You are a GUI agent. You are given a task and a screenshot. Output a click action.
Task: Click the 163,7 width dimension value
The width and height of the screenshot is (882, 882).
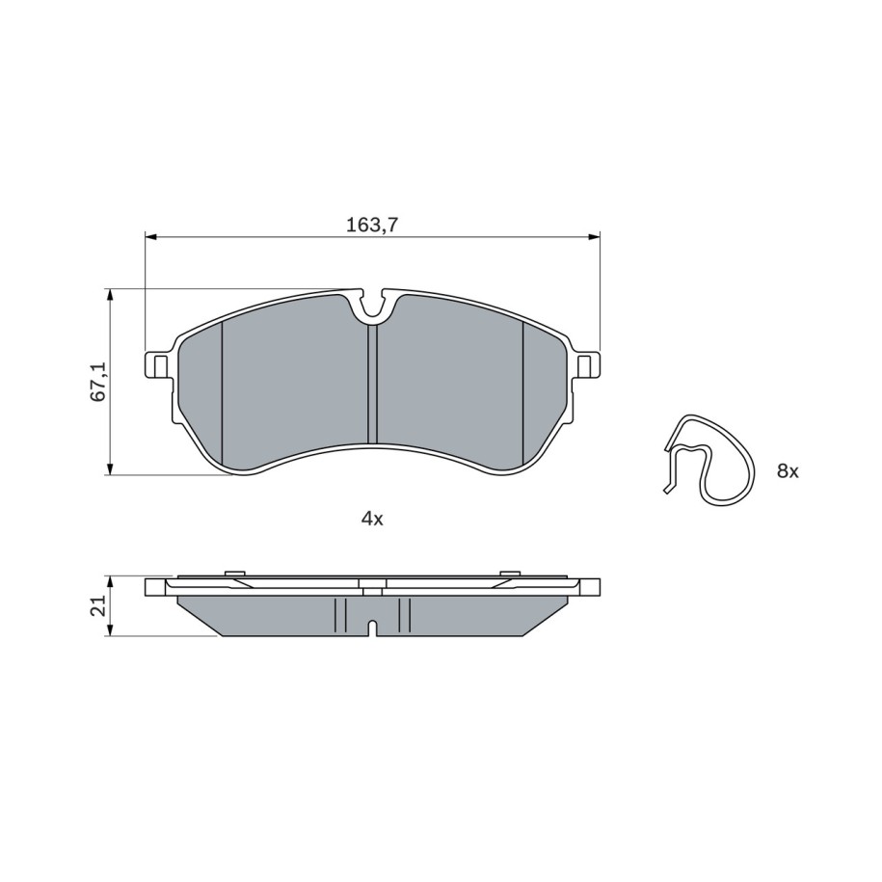[x=372, y=225]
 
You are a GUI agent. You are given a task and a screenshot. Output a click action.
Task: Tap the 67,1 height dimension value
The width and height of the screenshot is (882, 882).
[x=98, y=382]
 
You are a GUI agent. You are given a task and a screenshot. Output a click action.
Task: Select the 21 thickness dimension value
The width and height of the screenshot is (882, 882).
[x=98, y=605]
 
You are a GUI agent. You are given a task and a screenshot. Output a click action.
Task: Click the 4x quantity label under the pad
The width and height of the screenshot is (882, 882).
[x=372, y=519]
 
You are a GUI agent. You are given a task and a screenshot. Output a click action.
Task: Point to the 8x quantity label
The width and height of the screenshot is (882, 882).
[x=788, y=471]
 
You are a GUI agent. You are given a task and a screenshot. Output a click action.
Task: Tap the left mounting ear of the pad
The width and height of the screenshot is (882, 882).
[x=157, y=365]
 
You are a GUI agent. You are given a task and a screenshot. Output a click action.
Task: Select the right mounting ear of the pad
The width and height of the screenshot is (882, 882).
[x=588, y=365]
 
